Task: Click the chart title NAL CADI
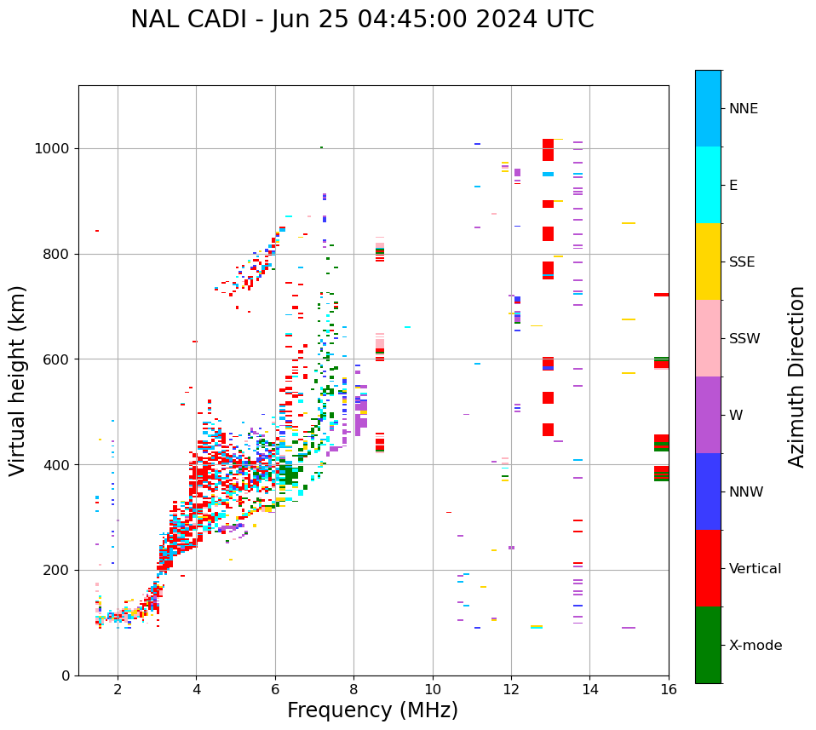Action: pos(362,20)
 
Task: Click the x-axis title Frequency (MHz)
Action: pos(372,710)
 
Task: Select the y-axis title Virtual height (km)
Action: pos(18,380)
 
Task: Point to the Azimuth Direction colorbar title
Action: pos(796,376)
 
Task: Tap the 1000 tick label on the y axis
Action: pos(52,148)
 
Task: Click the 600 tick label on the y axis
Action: pos(55,359)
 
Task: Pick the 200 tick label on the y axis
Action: pos(55,570)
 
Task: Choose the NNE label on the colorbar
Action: pos(744,109)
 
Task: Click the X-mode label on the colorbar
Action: pos(756,646)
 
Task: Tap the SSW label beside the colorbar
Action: pos(744,339)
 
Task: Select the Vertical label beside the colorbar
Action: pos(755,569)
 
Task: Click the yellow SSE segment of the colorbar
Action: pos(708,262)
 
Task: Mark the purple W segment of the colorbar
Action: pos(708,415)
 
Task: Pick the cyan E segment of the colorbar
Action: pos(708,185)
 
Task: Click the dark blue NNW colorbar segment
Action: pos(708,491)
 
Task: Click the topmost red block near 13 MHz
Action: pos(548,149)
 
